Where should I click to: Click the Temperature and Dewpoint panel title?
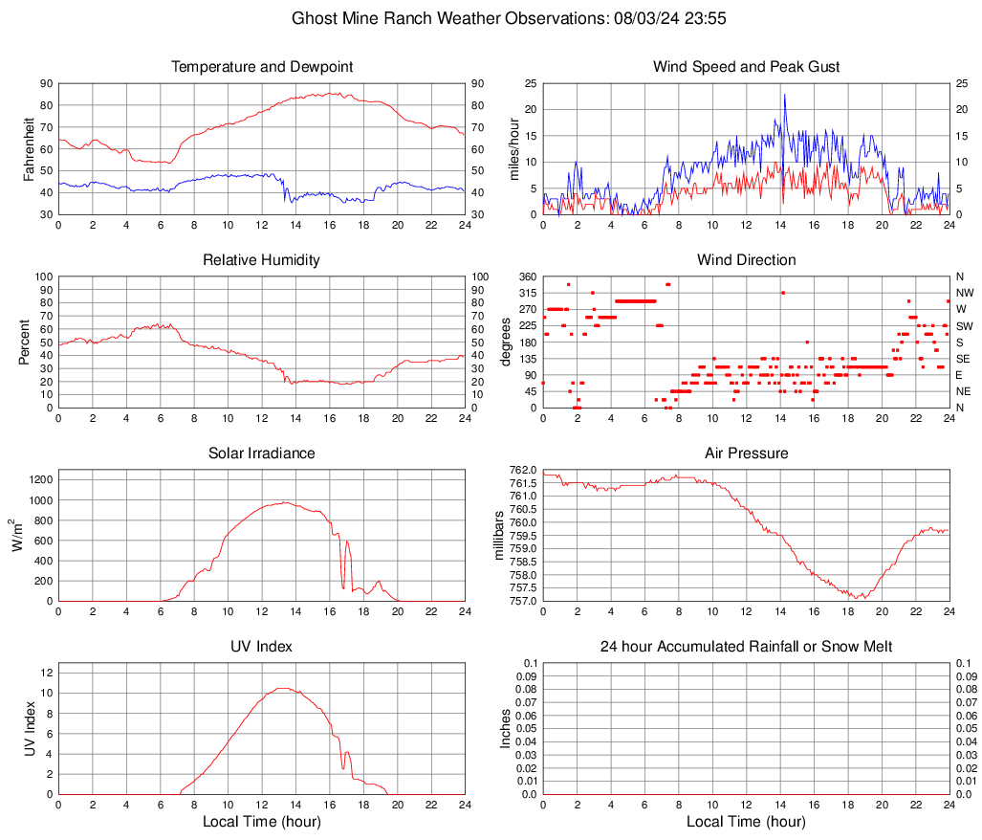tap(262, 67)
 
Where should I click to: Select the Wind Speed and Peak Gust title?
tap(746, 67)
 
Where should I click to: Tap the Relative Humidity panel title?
tap(262, 260)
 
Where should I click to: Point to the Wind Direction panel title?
tap(746, 260)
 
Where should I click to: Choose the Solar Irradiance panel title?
tap(262, 453)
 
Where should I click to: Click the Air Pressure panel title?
tap(746, 453)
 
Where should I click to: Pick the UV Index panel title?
tap(262, 647)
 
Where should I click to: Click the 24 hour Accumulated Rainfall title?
tap(746, 647)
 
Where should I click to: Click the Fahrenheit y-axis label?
tap(29, 148)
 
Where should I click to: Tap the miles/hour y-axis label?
tap(513, 148)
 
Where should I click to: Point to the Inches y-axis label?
tap(506, 729)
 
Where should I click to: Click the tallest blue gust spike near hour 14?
tap(784, 95)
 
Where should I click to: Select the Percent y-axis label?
tap(24, 342)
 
